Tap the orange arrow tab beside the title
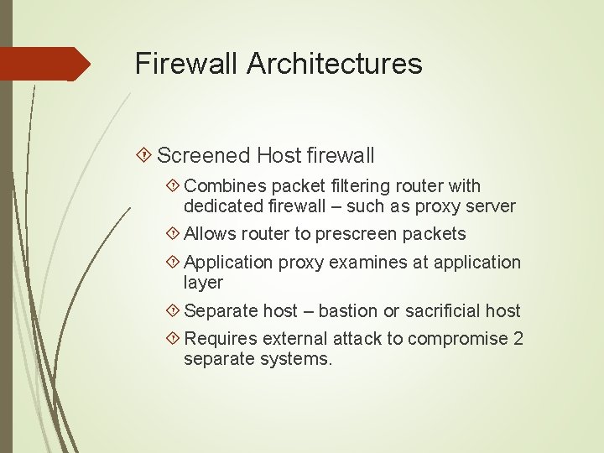click(x=45, y=64)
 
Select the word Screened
click(x=204, y=155)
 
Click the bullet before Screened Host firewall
click(x=144, y=155)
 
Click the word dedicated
click(x=222, y=206)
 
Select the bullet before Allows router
click(x=173, y=234)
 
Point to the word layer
click(x=203, y=283)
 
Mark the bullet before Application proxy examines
click(x=173, y=263)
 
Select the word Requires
click(x=221, y=339)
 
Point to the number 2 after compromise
click(x=518, y=339)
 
